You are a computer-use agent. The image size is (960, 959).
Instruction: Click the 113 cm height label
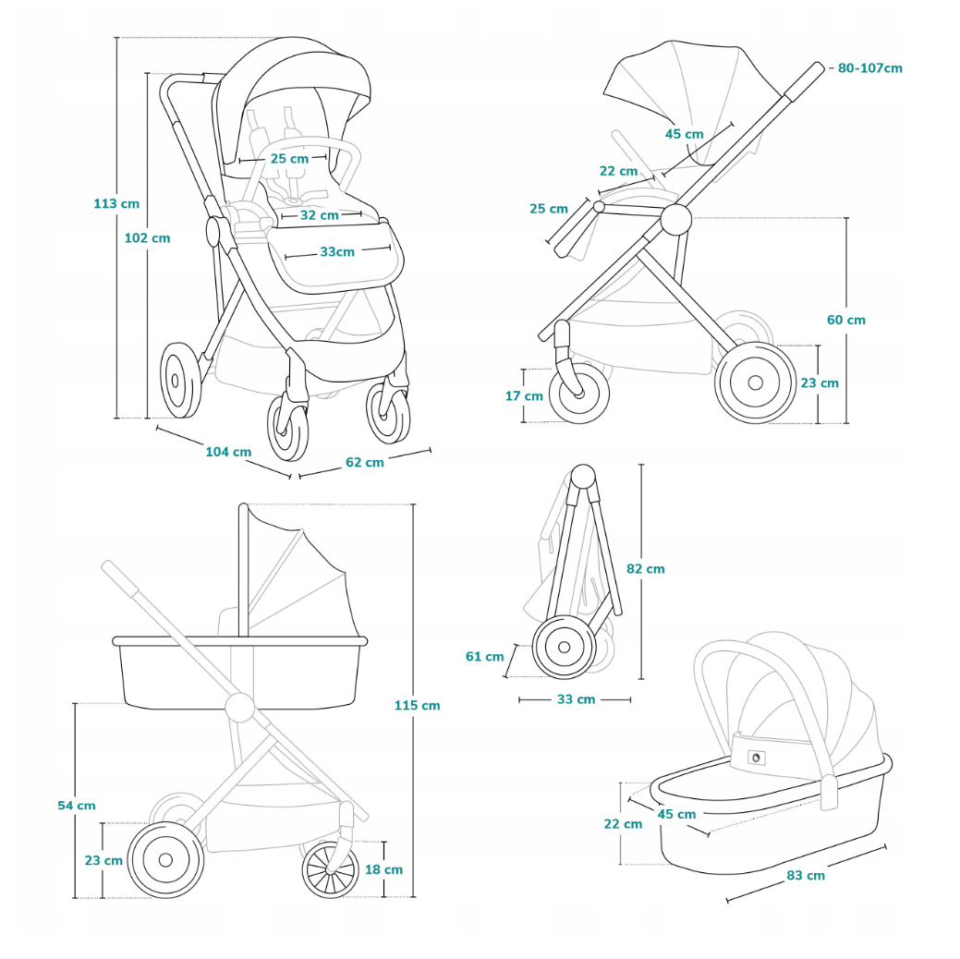click(x=116, y=203)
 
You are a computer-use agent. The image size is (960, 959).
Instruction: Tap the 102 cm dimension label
click(x=148, y=237)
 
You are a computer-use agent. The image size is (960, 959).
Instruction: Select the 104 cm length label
click(x=228, y=452)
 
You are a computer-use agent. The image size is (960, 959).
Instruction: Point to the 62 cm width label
click(x=365, y=462)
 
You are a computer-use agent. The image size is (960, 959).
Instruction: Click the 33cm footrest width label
click(x=337, y=252)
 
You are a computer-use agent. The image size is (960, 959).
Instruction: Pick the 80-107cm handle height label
click(x=869, y=68)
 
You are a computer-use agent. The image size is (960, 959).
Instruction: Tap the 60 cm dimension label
click(x=845, y=320)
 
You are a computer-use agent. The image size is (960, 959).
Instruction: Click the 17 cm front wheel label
click(x=524, y=395)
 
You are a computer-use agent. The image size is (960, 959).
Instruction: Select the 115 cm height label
click(x=417, y=705)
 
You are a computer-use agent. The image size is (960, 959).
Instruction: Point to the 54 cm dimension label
click(x=77, y=806)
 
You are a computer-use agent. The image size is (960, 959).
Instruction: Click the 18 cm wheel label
click(x=383, y=869)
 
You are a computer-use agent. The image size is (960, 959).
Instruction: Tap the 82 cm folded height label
click(x=645, y=569)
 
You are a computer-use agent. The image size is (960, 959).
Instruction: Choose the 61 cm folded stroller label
click(x=485, y=657)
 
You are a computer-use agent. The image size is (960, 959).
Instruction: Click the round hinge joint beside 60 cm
click(x=675, y=219)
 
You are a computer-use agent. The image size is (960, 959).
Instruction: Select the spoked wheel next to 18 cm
click(x=330, y=868)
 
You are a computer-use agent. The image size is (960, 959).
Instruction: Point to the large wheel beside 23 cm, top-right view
click(x=756, y=382)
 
